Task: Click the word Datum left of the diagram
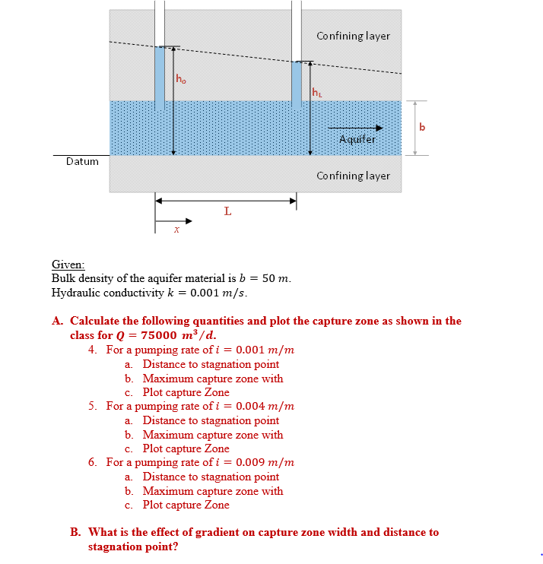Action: [82, 161]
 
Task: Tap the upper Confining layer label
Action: [353, 36]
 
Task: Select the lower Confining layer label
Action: [353, 176]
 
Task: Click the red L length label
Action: [227, 211]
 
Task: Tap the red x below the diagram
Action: [176, 230]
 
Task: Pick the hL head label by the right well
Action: [317, 93]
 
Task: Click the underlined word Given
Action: [68, 265]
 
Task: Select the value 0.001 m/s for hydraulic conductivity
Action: [219, 293]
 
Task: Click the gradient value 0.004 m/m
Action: [265, 406]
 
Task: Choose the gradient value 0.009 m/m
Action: [265, 462]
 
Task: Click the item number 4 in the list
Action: [91, 350]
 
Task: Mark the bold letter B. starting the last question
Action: [76, 532]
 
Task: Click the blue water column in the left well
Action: [160, 76]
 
